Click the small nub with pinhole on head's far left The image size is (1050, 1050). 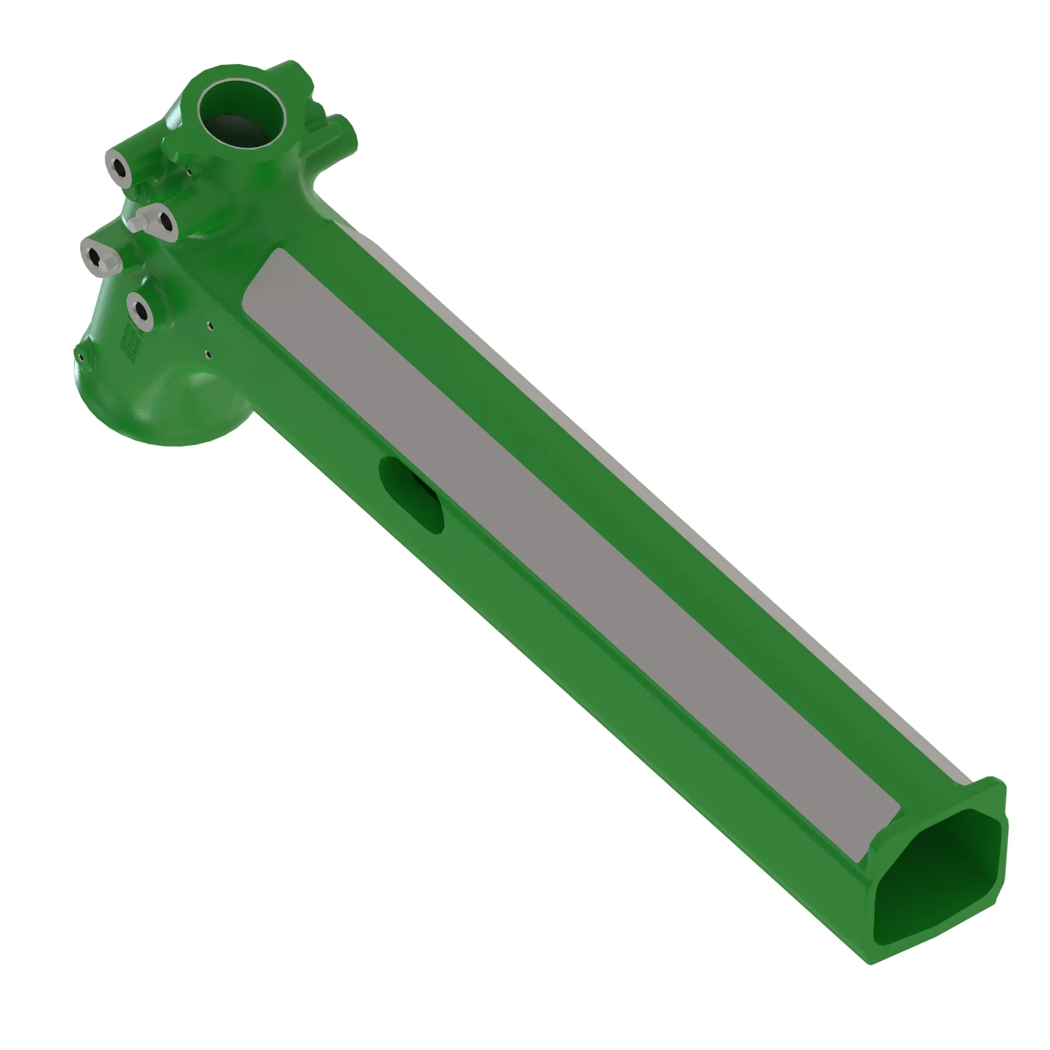[x=80, y=356]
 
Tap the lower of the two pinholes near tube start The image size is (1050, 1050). [x=207, y=354]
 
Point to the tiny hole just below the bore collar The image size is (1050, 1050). [x=190, y=172]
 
